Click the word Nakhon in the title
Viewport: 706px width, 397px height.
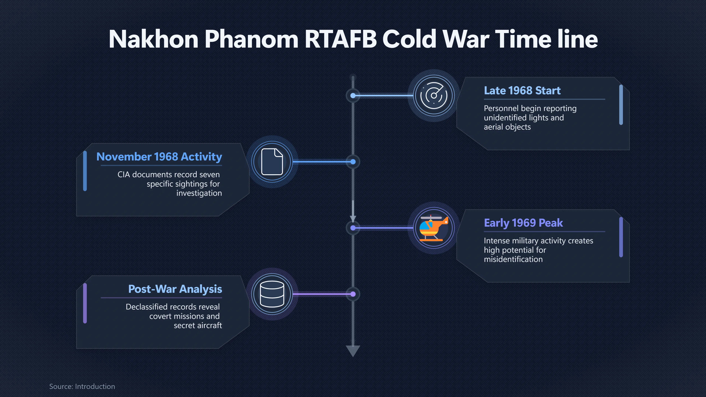coord(154,39)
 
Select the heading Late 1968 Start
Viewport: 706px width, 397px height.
coord(522,90)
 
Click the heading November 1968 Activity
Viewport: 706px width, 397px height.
coord(159,157)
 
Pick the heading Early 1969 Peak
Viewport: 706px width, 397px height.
coord(523,223)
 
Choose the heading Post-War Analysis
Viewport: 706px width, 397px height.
coord(175,289)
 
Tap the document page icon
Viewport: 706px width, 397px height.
coord(272,162)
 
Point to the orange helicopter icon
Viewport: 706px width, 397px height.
coord(434,228)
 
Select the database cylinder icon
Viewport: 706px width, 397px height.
coord(272,294)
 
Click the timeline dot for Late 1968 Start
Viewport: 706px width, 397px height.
coord(353,96)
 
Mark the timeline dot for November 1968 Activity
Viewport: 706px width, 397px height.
coord(353,162)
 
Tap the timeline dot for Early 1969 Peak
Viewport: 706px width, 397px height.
coord(353,228)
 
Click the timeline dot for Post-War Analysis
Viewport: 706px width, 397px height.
coord(353,294)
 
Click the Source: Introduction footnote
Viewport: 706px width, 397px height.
coord(82,386)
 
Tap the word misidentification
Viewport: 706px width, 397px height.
coord(513,259)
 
